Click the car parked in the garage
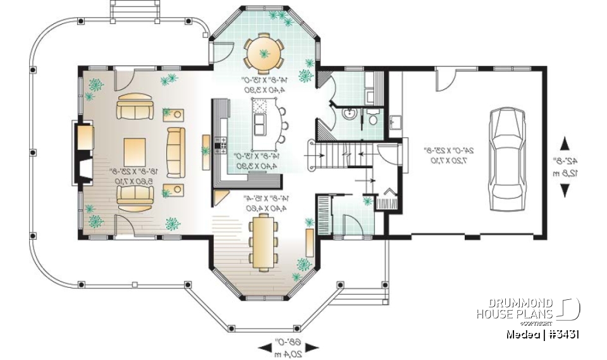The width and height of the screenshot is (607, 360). point(507,154)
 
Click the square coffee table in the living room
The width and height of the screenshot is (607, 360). point(137,152)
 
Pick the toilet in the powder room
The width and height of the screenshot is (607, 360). point(374,119)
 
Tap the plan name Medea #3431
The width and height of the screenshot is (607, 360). point(543,334)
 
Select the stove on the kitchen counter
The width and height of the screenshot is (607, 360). point(221,144)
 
